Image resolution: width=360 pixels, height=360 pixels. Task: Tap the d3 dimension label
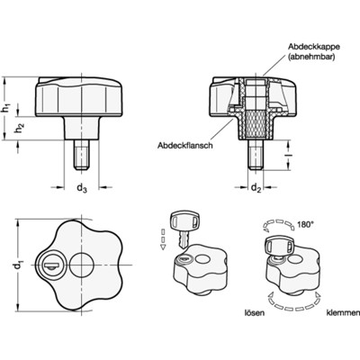[x=81, y=188]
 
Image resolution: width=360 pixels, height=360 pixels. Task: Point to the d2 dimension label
[x=256, y=188]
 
